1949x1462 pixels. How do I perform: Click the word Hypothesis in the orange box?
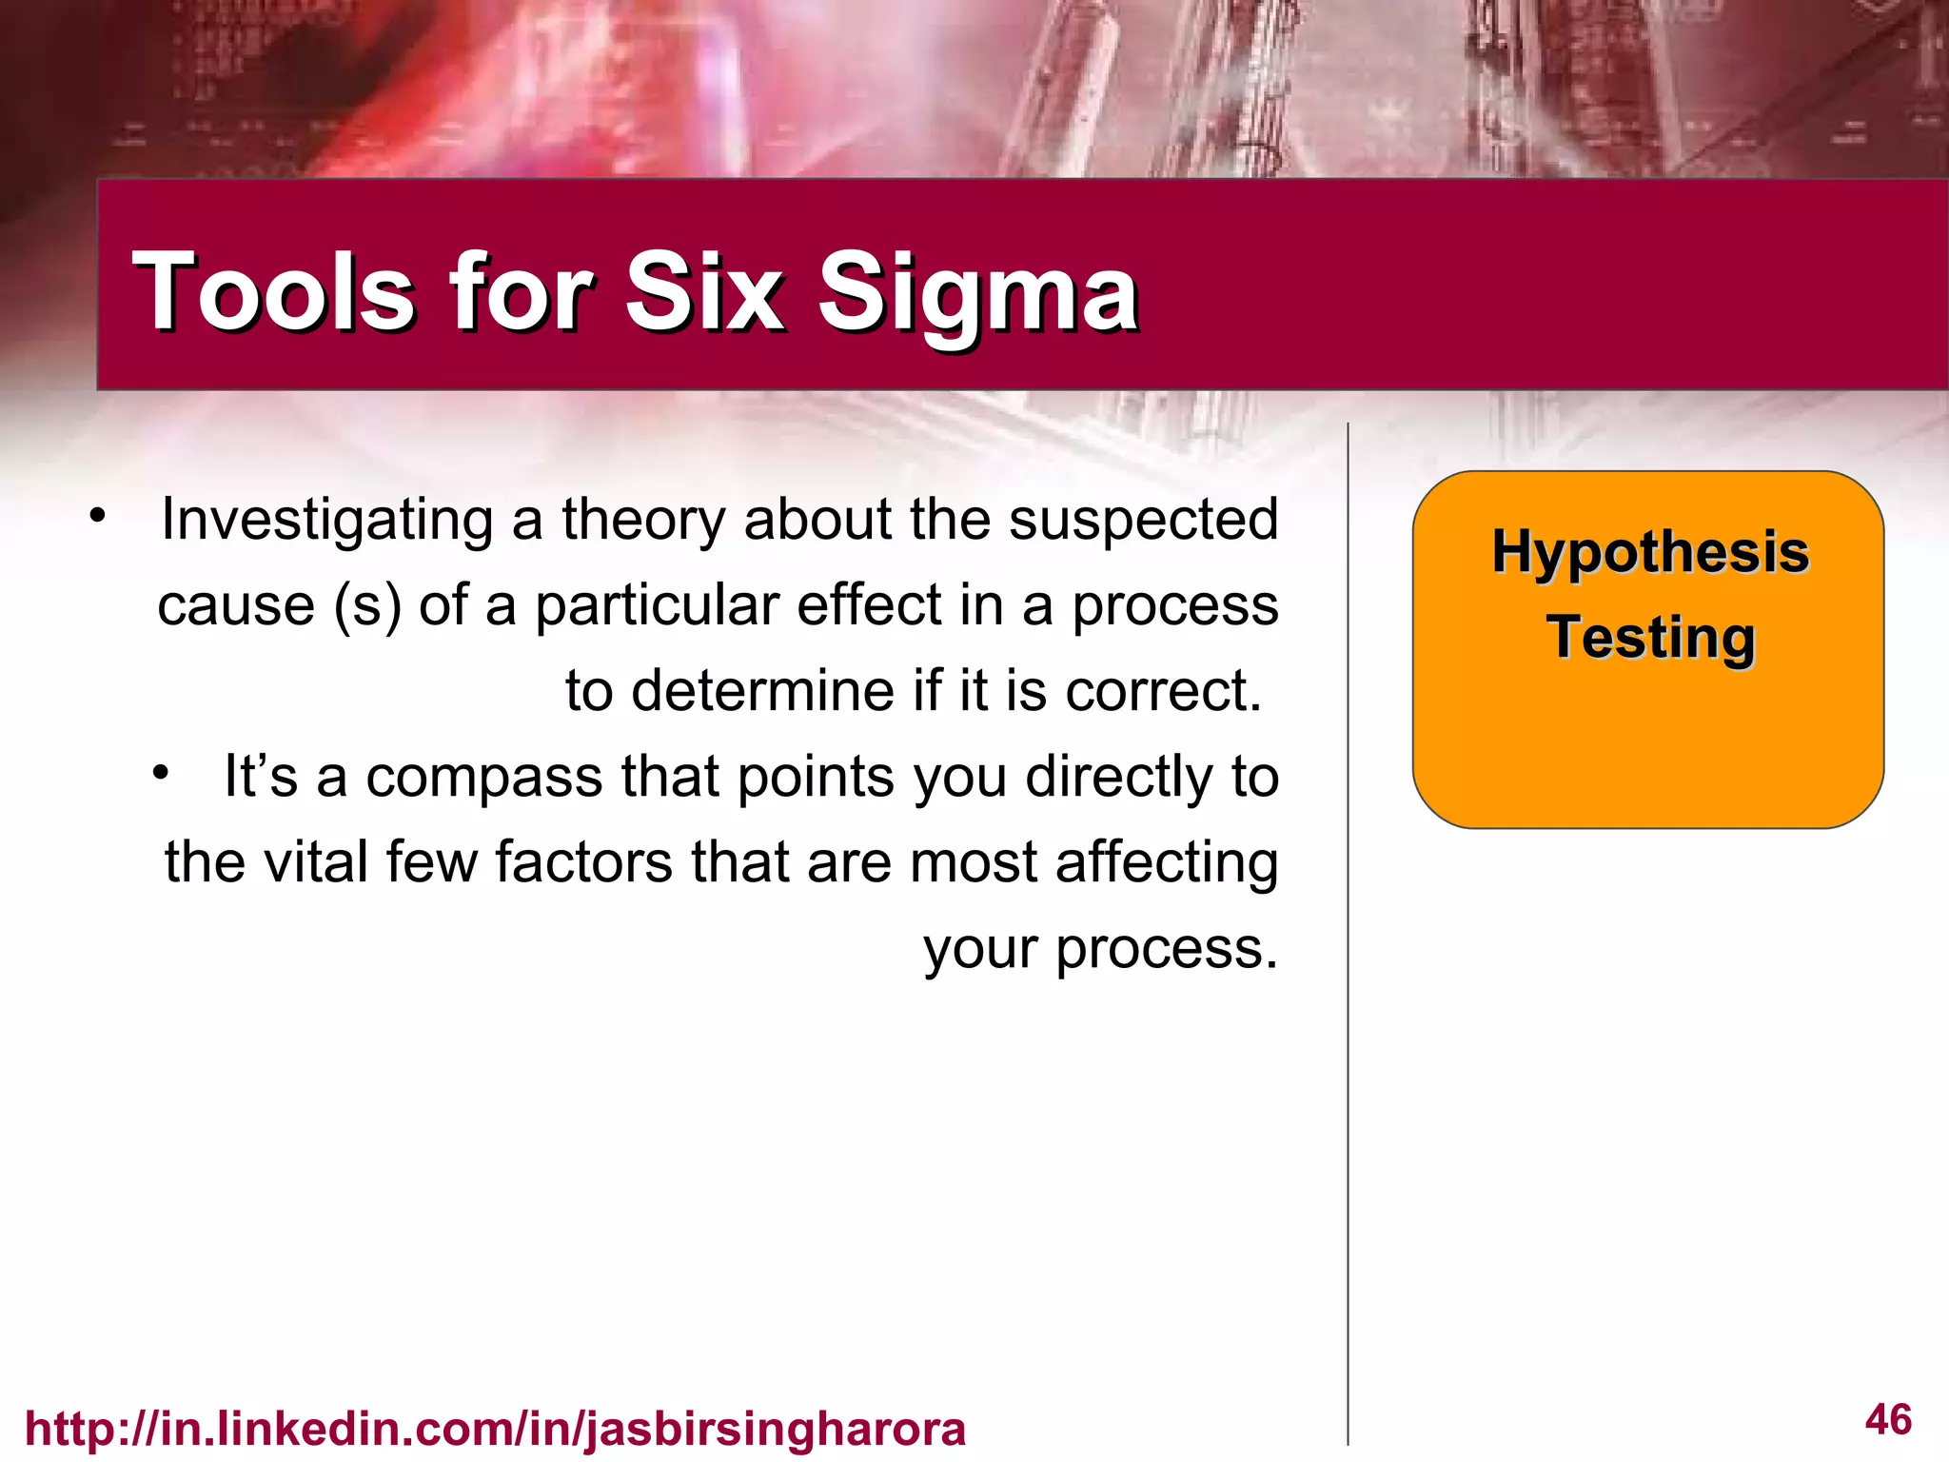tap(1649, 552)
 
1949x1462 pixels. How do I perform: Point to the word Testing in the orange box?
tap(1649, 638)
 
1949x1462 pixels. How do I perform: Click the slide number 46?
tap(1888, 1419)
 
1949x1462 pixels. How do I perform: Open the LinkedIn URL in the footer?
tap(495, 1429)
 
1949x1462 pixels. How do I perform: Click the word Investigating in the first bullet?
tap(326, 521)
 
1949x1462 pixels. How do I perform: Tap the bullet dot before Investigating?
tap(96, 516)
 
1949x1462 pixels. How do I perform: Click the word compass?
tap(484, 777)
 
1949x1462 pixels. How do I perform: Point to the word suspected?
tap(1143, 521)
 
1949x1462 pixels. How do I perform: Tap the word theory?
tap(642, 521)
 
